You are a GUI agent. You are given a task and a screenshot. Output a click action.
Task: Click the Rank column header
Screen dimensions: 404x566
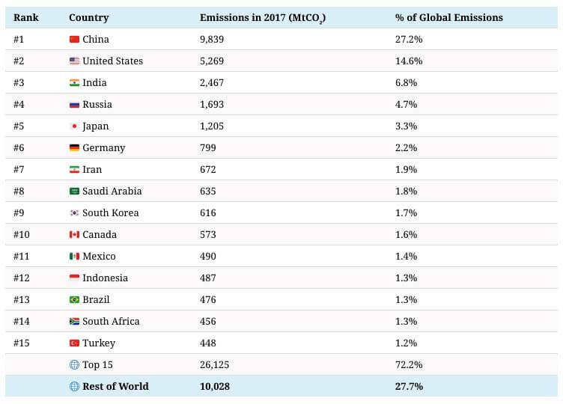coord(26,17)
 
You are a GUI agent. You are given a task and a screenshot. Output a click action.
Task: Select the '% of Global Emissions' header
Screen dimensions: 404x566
coord(448,17)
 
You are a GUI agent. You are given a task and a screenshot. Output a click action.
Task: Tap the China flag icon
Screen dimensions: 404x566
coord(74,39)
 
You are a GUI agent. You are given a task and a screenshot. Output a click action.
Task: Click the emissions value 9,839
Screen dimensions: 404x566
coord(212,39)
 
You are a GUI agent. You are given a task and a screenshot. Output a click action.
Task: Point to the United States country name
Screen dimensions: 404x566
coord(112,61)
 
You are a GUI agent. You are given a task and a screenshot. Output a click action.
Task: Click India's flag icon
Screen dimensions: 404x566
coord(74,82)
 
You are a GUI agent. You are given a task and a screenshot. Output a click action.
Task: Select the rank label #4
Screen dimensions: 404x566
coord(21,104)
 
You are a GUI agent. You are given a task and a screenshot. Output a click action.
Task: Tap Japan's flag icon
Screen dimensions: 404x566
coord(74,126)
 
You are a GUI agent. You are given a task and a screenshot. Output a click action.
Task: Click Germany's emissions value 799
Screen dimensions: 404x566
coord(208,147)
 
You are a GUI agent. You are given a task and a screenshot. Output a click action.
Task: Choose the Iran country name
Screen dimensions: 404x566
coord(92,169)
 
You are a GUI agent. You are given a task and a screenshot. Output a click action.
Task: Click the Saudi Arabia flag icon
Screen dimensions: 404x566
coord(74,191)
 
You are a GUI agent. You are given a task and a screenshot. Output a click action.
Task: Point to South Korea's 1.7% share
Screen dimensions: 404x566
coord(405,212)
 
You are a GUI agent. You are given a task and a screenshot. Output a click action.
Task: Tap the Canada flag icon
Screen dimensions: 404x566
coord(74,234)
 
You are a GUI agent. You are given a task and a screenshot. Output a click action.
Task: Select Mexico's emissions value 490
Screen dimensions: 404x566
coord(208,256)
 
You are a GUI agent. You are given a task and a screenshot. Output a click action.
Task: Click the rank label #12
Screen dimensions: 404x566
coord(23,278)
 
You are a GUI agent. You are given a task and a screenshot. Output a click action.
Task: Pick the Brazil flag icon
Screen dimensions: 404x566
coord(74,299)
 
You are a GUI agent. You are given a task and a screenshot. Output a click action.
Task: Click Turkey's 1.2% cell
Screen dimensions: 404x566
coord(405,343)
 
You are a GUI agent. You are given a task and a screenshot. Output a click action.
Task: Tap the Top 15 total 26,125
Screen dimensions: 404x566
coord(215,364)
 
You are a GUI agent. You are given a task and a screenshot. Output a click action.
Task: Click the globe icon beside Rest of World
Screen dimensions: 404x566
coord(74,386)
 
